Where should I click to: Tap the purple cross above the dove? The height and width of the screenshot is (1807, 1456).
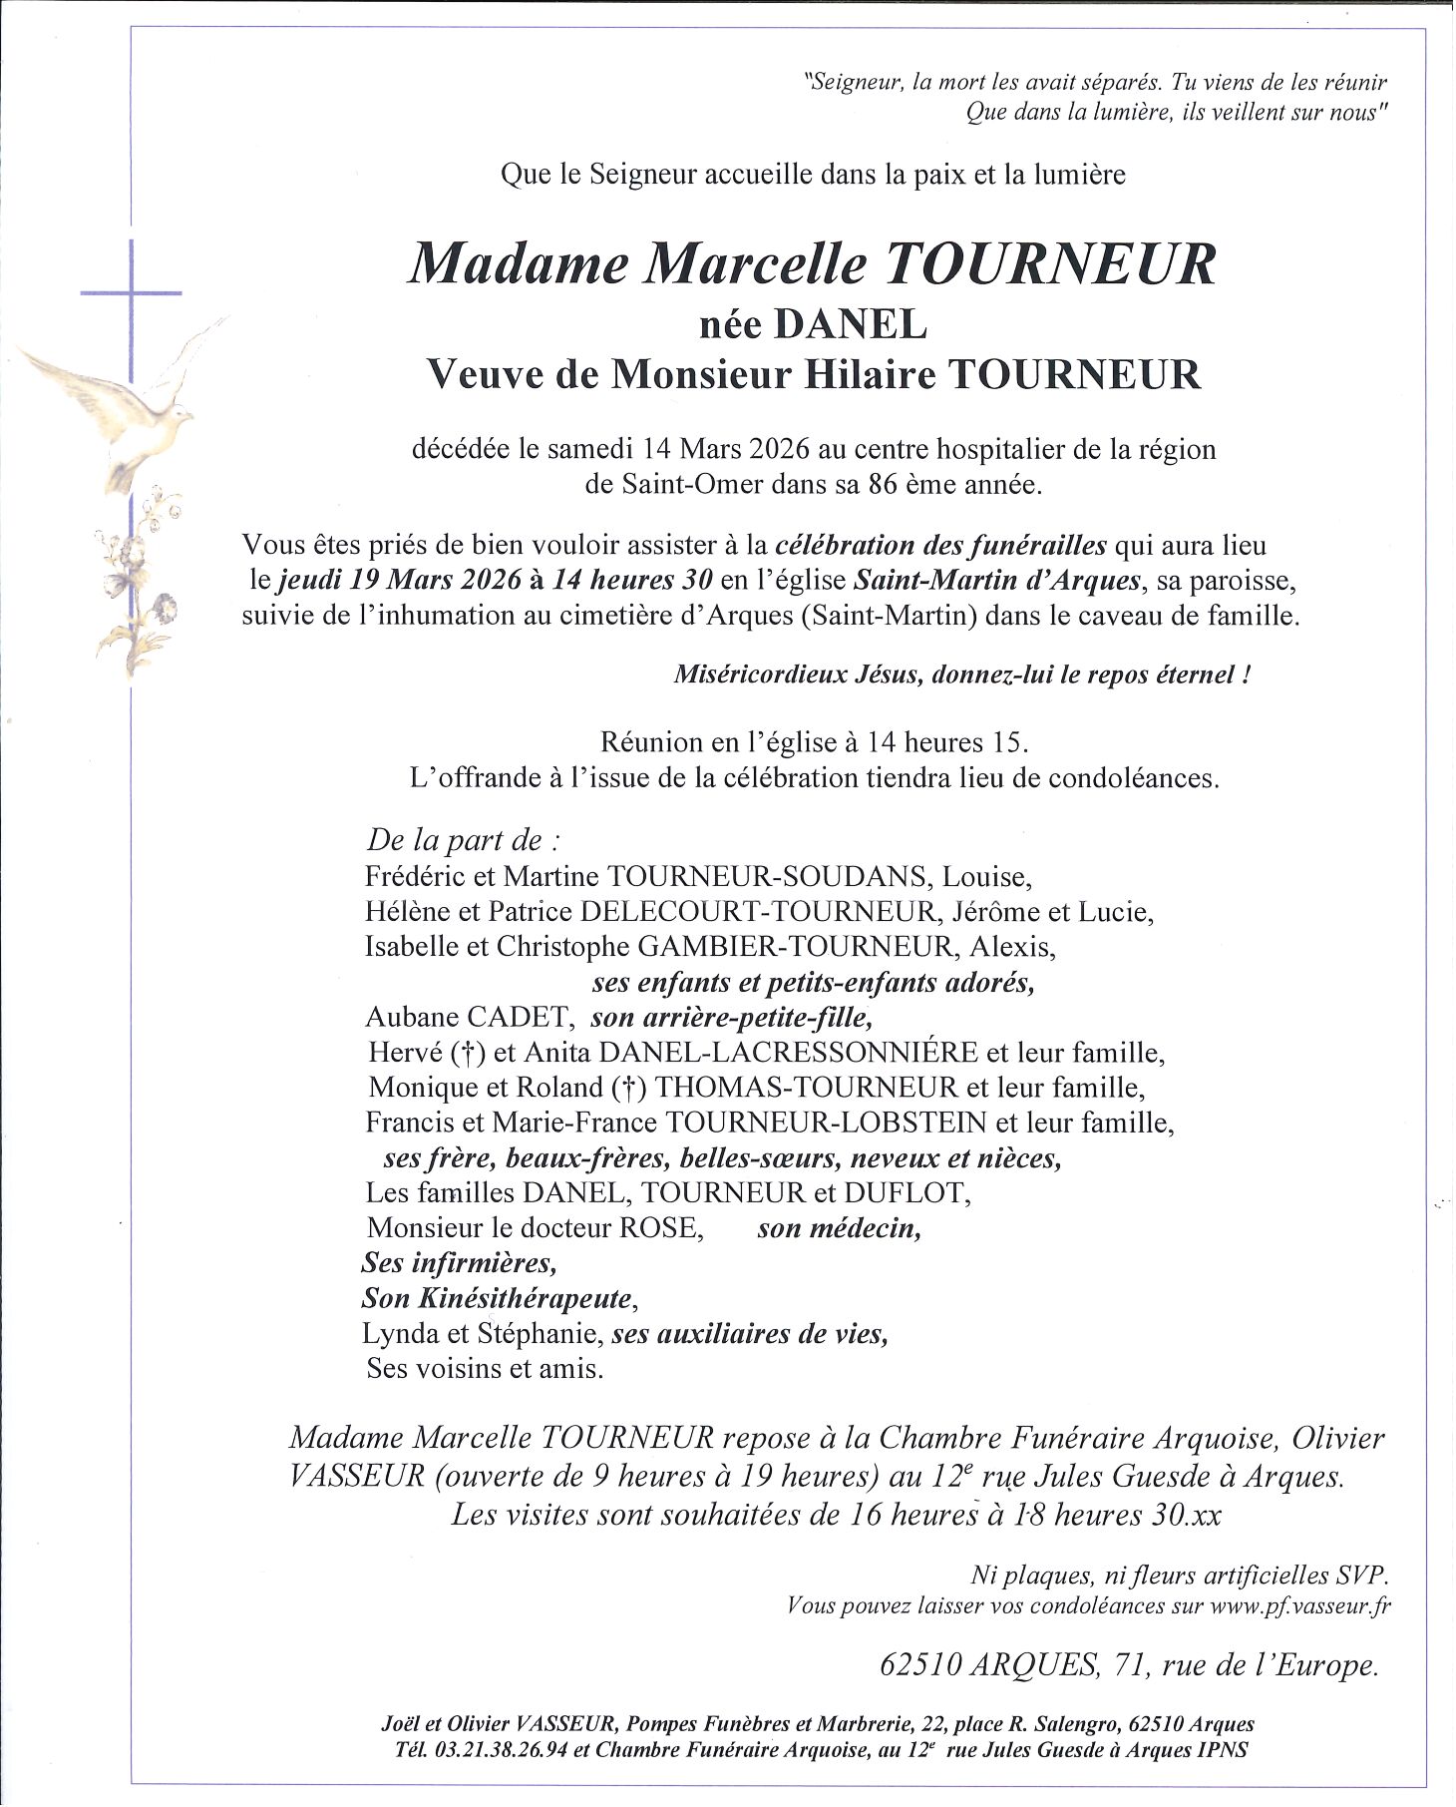coord(131,292)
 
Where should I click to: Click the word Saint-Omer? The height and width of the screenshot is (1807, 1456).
coord(673,485)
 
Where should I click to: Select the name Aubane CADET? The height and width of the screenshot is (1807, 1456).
coord(467,1018)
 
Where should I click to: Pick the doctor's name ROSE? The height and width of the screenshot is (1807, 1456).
coord(661,1227)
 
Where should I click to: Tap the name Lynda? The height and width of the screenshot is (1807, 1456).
coord(399,1333)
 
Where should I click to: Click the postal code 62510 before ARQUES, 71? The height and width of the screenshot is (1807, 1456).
coord(921,1665)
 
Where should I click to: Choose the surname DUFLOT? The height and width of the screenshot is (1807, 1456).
coord(906,1192)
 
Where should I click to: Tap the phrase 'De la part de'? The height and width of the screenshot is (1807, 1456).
coord(455,840)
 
